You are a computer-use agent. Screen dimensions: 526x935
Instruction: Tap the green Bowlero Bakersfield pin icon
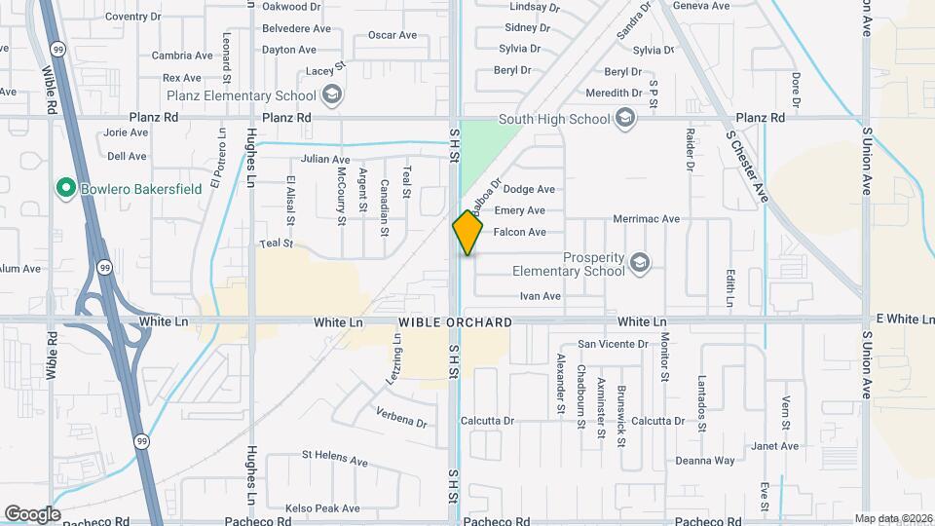point(66,187)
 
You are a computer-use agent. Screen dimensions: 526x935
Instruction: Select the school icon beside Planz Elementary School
point(331,95)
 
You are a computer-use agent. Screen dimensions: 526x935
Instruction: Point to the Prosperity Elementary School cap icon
point(639,263)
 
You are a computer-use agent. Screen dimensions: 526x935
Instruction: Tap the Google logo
point(32,513)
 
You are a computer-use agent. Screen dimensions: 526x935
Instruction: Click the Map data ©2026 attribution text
point(892,518)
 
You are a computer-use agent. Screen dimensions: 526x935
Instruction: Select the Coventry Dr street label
point(132,17)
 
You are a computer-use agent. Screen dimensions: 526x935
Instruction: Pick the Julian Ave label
point(325,159)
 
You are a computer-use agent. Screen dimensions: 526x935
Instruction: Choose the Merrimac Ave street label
point(647,219)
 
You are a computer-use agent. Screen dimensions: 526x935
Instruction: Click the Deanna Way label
point(705,461)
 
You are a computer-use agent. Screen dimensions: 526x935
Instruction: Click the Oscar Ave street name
point(393,35)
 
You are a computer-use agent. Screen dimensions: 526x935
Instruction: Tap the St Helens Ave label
point(334,454)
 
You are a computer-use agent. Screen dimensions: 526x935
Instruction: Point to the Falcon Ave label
point(520,232)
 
